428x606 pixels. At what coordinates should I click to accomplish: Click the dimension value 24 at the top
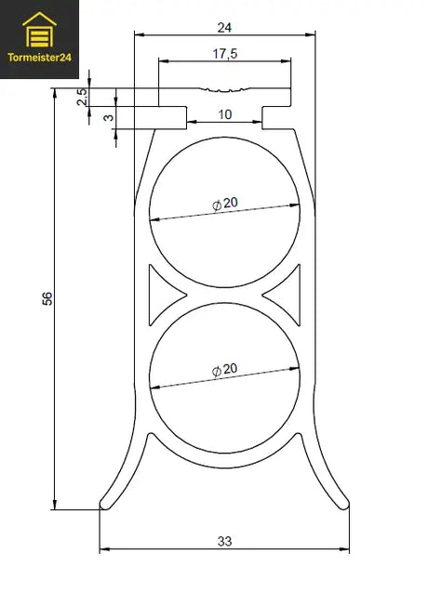click(x=224, y=28)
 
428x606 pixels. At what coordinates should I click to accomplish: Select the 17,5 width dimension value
click(x=225, y=53)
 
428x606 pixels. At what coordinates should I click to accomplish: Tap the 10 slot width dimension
click(x=225, y=114)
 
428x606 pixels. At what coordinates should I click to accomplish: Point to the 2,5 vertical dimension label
click(x=82, y=97)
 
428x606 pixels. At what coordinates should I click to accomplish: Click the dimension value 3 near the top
click(x=109, y=117)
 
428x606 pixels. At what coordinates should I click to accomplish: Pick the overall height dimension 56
click(x=47, y=298)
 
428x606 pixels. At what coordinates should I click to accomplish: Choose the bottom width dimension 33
click(x=224, y=541)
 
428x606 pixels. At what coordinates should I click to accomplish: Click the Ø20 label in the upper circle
click(x=225, y=204)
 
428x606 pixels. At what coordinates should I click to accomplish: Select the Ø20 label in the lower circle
click(x=224, y=370)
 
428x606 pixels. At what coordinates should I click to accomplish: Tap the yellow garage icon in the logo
click(x=39, y=30)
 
